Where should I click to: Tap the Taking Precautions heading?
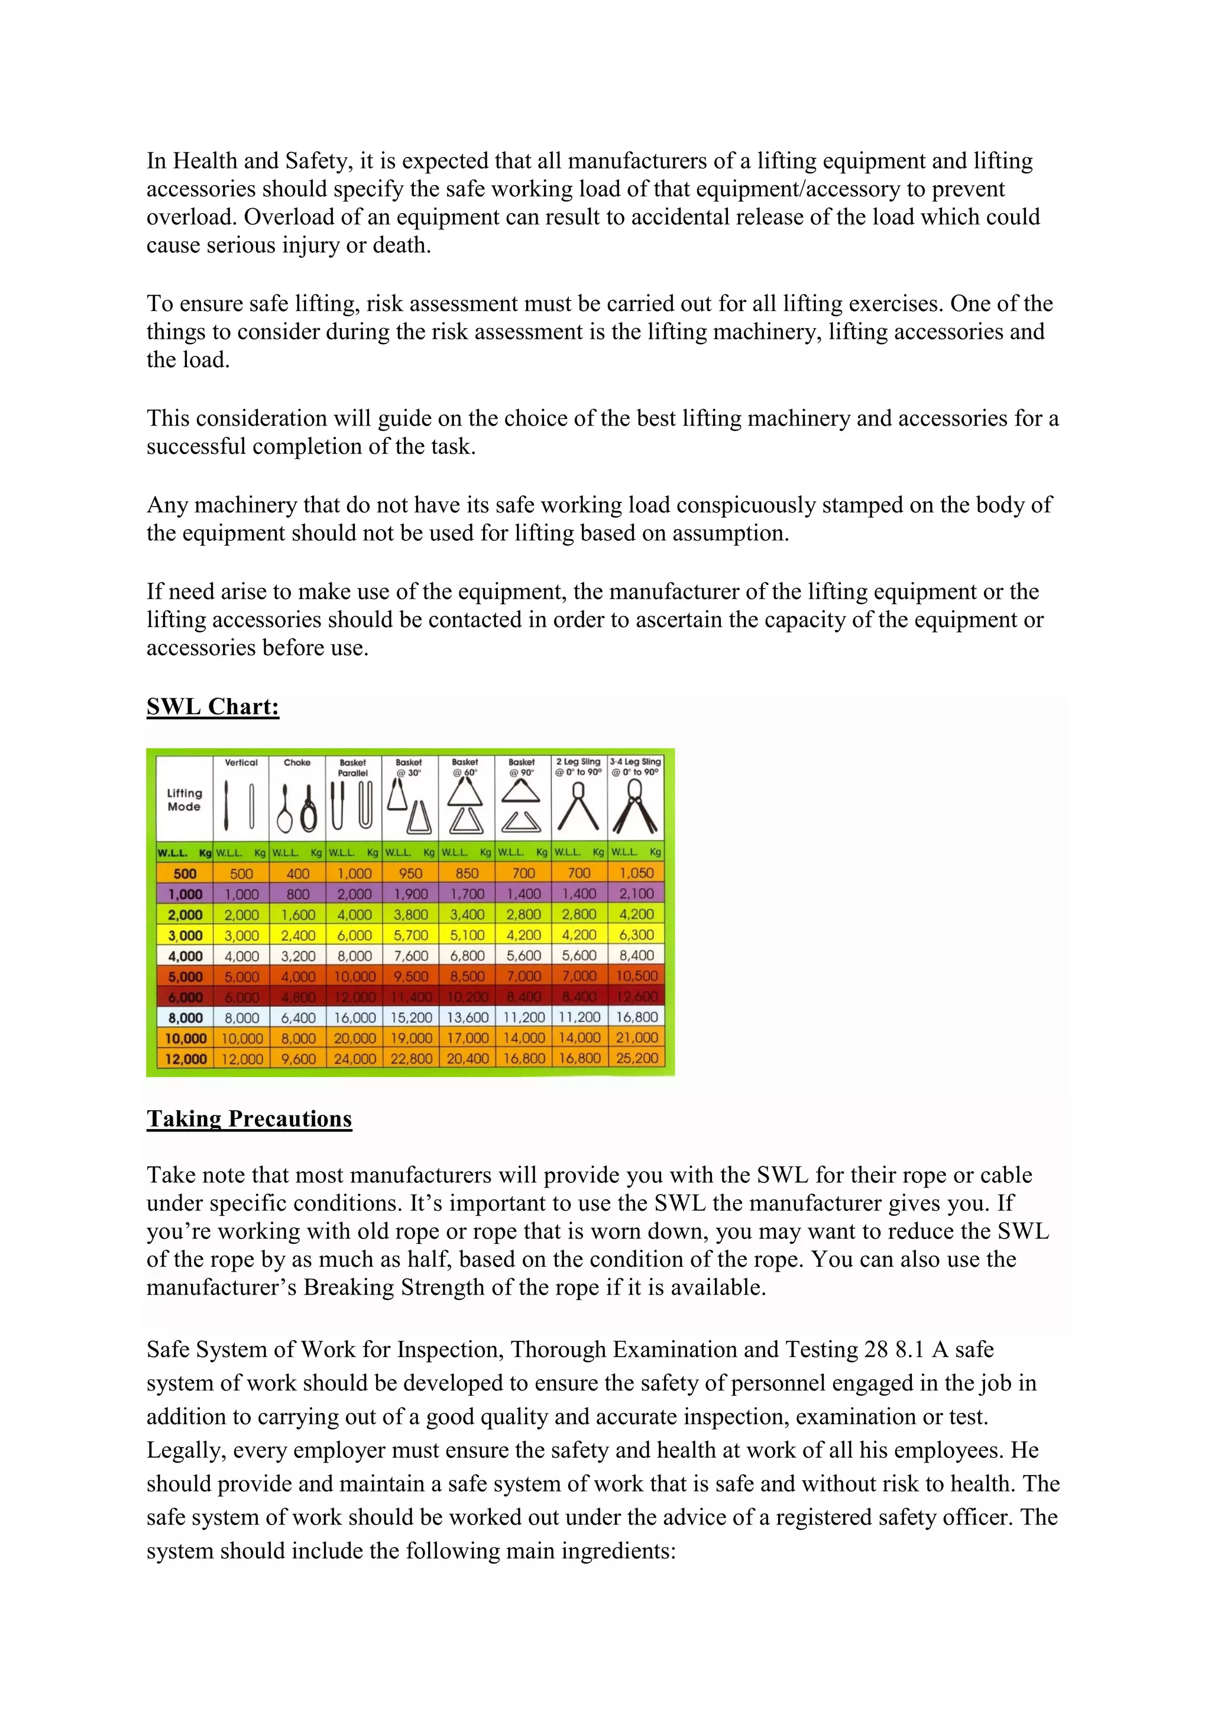point(249,1118)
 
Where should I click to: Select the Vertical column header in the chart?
point(241,762)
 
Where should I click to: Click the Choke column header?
point(297,762)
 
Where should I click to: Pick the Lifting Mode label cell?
point(184,799)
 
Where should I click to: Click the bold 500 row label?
point(185,873)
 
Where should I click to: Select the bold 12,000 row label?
point(185,1058)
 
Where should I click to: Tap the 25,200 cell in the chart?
point(637,1058)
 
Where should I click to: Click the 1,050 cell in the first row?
point(637,873)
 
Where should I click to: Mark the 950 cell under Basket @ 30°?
point(410,873)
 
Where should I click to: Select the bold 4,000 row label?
point(185,955)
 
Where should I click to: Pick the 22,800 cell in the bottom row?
point(411,1058)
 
